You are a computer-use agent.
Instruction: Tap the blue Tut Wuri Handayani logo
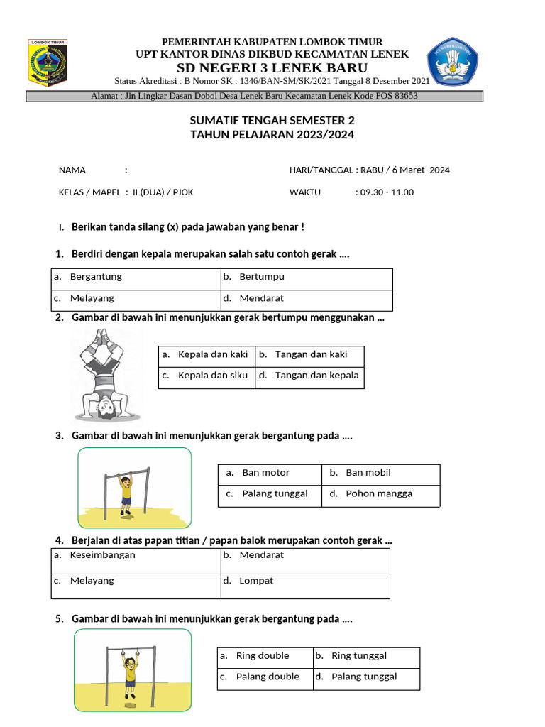[453, 62]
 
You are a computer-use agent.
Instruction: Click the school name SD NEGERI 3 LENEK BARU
[272, 68]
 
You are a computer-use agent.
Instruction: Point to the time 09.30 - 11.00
[387, 192]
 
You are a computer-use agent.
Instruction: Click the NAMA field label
[72, 170]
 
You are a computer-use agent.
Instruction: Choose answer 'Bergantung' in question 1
[96, 277]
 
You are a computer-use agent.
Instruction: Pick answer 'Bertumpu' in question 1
[261, 277]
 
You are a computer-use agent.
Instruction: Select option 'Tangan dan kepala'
[316, 376]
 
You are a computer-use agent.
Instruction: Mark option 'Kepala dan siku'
[212, 376]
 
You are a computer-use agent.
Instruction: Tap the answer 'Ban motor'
[265, 473]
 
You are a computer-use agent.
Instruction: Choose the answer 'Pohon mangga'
[378, 494]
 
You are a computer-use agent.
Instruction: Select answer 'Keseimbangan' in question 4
[102, 555]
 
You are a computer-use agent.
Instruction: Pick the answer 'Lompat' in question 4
[255, 581]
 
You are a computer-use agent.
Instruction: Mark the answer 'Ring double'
[262, 656]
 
